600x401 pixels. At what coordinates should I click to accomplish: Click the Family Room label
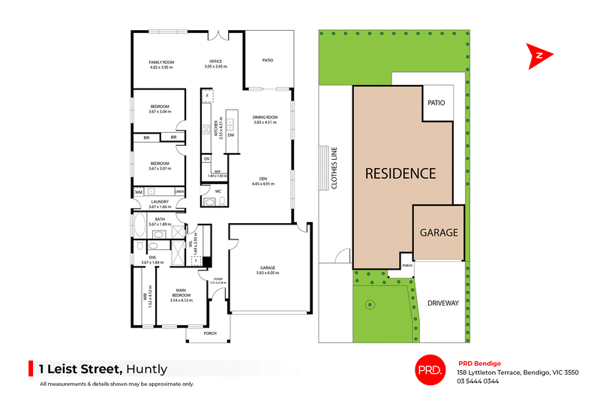(x=160, y=62)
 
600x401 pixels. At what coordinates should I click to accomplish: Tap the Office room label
(x=215, y=62)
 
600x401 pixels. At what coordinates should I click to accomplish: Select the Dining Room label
(x=265, y=117)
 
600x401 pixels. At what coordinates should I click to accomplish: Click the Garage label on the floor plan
(x=268, y=269)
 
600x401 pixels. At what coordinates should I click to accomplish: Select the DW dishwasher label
(x=231, y=135)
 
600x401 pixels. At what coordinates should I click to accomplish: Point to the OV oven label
(x=206, y=159)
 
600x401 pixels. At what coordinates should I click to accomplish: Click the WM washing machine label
(x=139, y=193)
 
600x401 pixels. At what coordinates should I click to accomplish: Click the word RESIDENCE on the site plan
(x=400, y=173)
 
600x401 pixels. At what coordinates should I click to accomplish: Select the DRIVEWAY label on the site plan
(x=442, y=303)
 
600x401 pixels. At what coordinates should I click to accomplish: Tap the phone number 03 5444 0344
(x=478, y=381)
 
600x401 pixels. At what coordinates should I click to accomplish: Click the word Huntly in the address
(x=146, y=369)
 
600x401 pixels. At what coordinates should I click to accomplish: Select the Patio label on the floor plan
(x=268, y=61)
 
